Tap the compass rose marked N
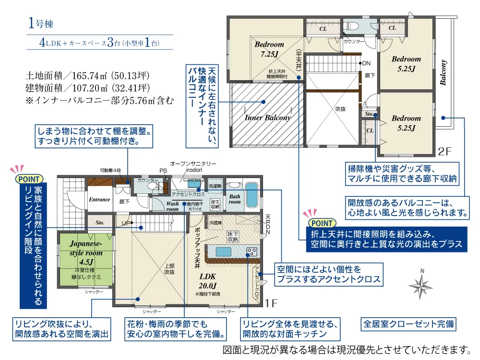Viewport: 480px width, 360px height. pos(421,287)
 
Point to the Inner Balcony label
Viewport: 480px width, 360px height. pos(268,118)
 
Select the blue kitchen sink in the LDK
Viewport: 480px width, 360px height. pos(224,252)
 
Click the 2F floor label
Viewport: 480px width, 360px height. pos(445,152)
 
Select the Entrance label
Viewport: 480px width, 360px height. pos(99,200)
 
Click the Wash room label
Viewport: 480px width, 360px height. pos(172,206)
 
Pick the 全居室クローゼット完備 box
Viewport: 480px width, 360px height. pos(408,324)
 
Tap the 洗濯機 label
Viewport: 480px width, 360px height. pos(215,186)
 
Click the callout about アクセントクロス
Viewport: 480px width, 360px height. pos(329,274)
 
